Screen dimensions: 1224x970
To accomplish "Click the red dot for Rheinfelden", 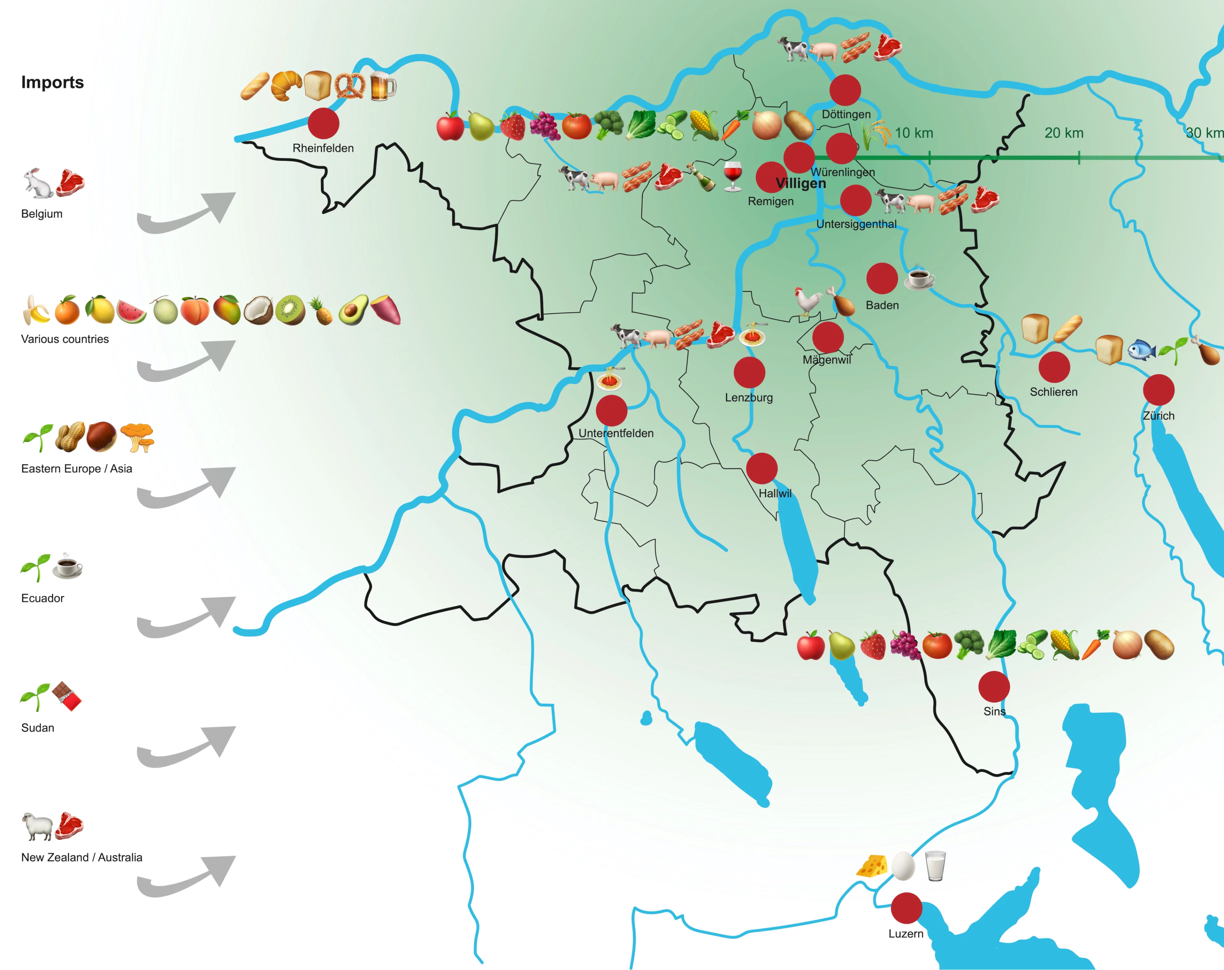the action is (x=324, y=123).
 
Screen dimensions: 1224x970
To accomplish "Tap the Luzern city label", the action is (x=906, y=934).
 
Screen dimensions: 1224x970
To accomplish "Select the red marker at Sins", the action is (x=994, y=687).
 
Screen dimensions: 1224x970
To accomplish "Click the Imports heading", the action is (x=52, y=82).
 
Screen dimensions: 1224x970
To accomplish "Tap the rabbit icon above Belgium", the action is (x=37, y=183).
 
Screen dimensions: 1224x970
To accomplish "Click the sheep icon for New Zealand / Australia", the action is (x=37, y=826).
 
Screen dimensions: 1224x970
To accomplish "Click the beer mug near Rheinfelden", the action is (x=382, y=87).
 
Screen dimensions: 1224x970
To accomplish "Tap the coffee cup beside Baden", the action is (x=919, y=278).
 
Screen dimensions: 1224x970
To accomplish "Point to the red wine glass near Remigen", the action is (x=732, y=176).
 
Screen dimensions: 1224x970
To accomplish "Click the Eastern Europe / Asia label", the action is (x=76, y=469).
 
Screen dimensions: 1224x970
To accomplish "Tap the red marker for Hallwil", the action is (x=761, y=469).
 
